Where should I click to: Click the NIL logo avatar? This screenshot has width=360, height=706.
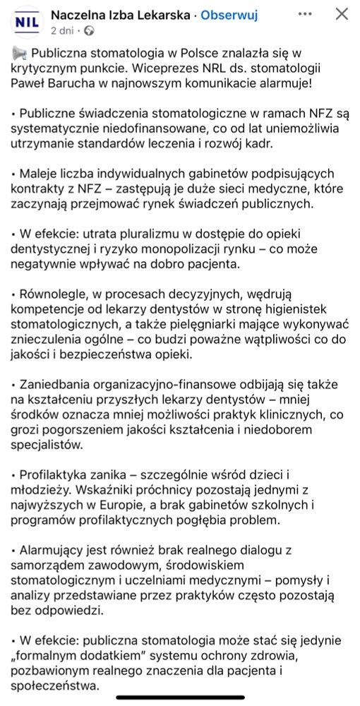25,21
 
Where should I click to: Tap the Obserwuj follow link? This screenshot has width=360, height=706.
229,14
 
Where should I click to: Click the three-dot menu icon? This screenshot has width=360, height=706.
305,14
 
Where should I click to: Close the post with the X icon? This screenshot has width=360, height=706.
341,14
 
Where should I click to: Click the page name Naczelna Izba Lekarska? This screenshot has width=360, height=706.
118,14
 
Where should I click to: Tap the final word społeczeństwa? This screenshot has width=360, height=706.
56,687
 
